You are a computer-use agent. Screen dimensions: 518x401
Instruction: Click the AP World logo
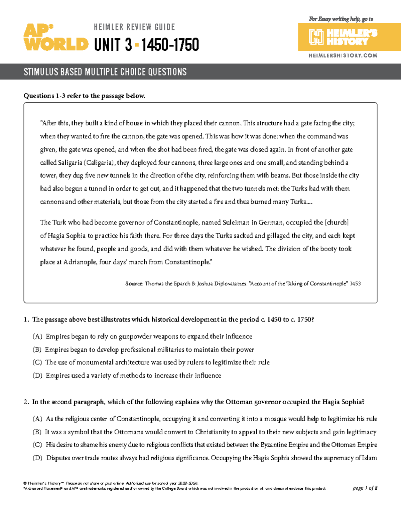(x=55, y=37)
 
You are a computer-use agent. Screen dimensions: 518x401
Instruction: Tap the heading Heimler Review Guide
(x=134, y=27)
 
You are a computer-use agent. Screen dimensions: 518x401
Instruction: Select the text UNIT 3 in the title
(x=113, y=45)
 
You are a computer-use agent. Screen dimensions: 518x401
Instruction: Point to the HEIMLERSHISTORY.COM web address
(x=343, y=55)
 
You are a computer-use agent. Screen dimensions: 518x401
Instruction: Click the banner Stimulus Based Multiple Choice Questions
(x=105, y=72)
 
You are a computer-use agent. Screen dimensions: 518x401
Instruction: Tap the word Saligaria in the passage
(x=70, y=163)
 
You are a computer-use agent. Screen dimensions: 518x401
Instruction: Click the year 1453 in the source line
(x=355, y=284)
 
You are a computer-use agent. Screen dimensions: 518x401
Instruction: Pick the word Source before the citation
(x=134, y=284)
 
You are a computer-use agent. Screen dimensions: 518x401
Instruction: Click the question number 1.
(x=26, y=320)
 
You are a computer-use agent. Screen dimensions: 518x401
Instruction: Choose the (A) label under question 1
(x=37, y=337)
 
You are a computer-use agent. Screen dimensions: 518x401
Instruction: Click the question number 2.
(x=26, y=402)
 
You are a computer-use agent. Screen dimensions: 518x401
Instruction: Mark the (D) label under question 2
(x=37, y=458)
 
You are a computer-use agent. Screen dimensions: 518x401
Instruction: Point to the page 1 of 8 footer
(x=365, y=488)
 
